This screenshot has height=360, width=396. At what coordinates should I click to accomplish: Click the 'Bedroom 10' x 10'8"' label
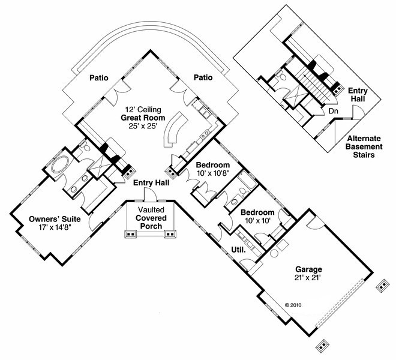[x=213, y=169]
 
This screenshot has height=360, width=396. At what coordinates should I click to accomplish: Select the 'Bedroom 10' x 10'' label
[x=257, y=217]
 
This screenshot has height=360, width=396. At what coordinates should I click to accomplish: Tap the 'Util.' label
[x=238, y=249]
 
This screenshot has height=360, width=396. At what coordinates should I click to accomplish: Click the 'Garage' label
[x=308, y=269]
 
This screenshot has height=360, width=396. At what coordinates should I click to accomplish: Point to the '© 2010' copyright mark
[x=292, y=305]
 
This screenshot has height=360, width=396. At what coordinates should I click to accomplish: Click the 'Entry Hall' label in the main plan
[x=151, y=184]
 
